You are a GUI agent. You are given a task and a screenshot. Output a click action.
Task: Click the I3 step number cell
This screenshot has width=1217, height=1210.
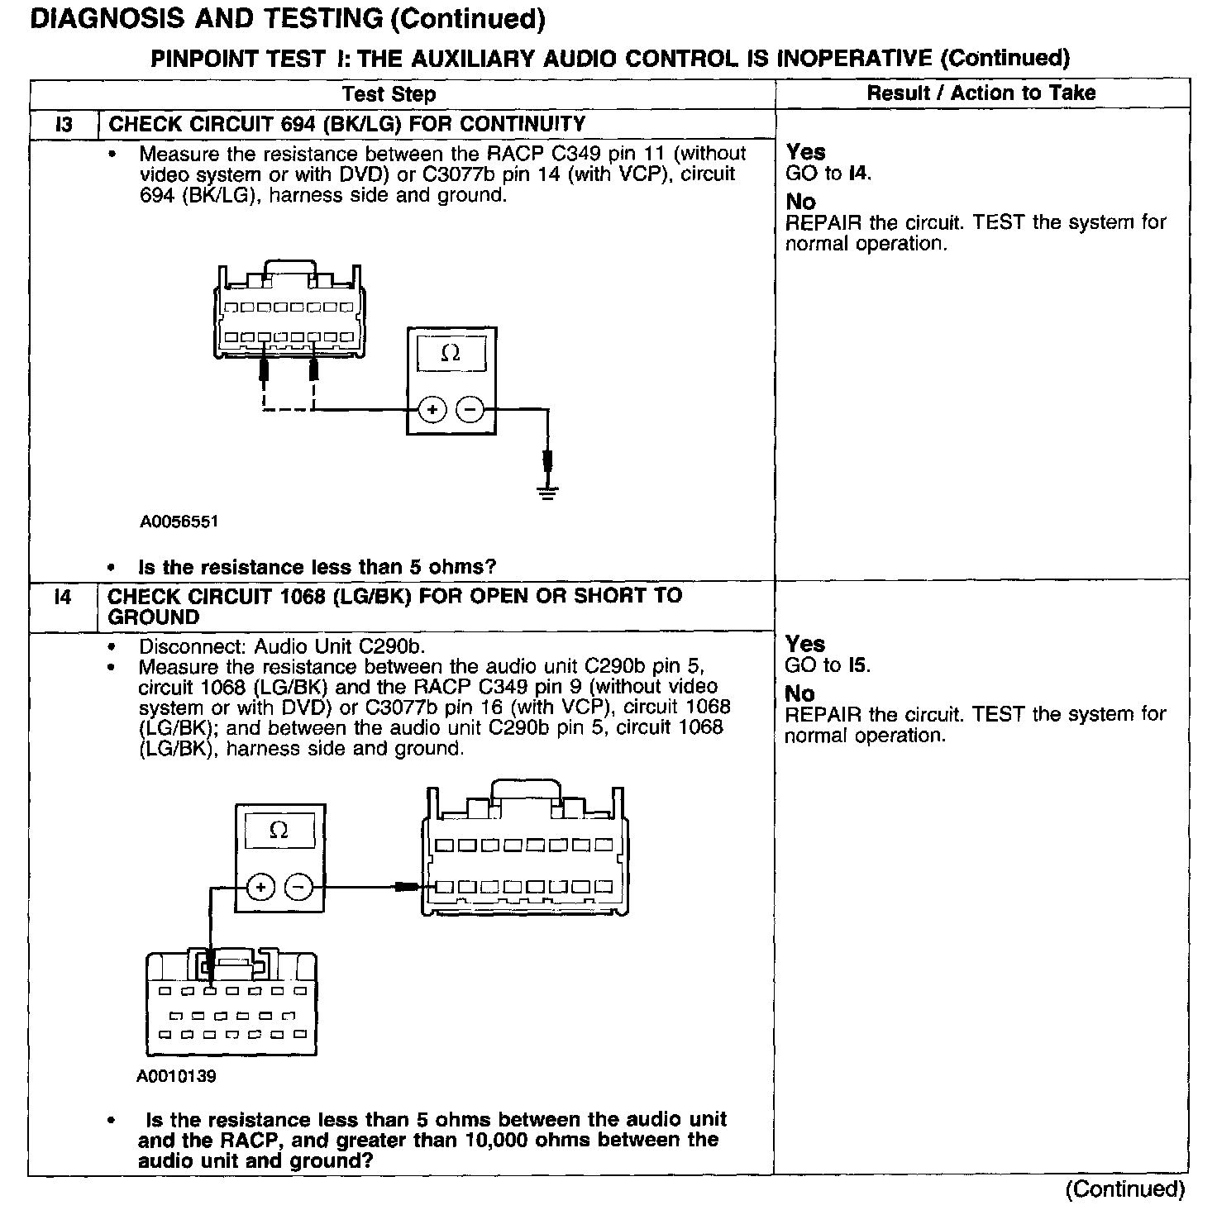[x=64, y=125]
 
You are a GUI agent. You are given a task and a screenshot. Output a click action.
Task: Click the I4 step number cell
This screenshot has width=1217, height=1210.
[x=63, y=597]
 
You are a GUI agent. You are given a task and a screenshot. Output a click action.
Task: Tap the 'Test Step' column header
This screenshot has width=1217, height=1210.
[x=389, y=94]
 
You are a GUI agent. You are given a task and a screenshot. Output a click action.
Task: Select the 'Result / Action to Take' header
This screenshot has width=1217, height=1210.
[x=981, y=93]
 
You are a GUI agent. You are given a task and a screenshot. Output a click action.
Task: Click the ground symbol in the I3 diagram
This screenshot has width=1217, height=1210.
[x=546, y=493]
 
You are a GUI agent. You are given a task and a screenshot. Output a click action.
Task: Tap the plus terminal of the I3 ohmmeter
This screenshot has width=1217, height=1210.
[x=432, y=410]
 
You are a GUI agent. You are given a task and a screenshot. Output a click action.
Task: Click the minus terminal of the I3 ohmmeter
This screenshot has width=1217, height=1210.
[x=470, y=410]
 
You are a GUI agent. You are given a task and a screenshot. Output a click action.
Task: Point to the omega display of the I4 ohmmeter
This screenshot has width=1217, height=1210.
[x=279, y=831]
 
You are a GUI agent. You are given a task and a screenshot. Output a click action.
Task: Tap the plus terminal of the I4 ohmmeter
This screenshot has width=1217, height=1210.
[x=261, y=888]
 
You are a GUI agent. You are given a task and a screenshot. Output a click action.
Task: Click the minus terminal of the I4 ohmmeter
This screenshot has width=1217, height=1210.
[x=299, y=888]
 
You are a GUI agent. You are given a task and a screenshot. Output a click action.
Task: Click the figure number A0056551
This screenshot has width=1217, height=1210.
[x=179, y=522]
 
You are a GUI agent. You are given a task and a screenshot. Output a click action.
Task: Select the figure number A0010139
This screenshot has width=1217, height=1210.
[x=177, y=1077]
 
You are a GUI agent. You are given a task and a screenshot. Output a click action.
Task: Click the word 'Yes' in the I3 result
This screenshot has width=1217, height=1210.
[x=805, y=152]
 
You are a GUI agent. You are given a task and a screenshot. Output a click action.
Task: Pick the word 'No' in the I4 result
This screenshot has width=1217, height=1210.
[x=799, y=693]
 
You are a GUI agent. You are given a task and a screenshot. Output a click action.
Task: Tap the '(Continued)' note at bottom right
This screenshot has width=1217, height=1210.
[x=1124, y=1189]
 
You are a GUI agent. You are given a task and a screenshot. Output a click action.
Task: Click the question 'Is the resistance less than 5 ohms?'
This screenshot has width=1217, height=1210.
[x=317, y=568]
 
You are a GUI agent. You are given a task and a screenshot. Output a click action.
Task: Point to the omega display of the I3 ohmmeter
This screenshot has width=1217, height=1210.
[x=451, y=354]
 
